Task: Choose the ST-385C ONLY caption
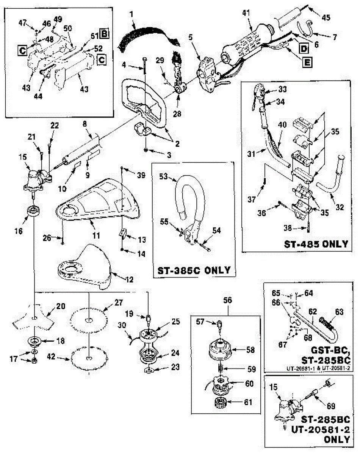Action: [x=194, y=270]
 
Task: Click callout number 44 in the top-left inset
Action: [x=38, y=96]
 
